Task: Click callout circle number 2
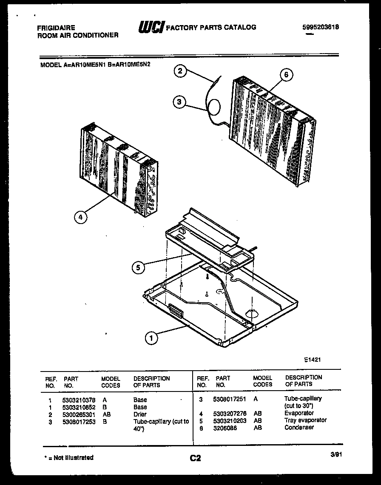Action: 180,71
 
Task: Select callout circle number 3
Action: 180,102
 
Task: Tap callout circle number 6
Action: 286,75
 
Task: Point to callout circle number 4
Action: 80,217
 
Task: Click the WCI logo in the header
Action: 151,27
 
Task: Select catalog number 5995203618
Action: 321,27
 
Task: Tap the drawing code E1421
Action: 312,359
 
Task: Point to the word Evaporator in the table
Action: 299,413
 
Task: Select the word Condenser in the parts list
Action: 299,427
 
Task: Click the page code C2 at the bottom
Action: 195,458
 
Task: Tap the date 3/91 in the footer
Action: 336,454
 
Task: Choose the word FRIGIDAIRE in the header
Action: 56,28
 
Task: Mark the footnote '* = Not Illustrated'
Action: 68,457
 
